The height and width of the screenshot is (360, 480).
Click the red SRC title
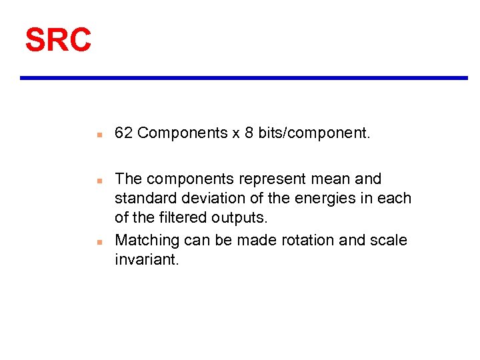pos(58,40)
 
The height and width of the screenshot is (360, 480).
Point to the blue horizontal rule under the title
pos(243,78)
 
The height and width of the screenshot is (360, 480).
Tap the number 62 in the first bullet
pos(123,133)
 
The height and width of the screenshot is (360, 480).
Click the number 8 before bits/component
pos(249,133)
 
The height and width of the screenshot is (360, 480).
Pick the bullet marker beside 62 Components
pos(98,135)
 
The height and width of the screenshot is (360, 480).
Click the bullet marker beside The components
pos(98,181)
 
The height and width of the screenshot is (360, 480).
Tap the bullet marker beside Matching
pos(98,241)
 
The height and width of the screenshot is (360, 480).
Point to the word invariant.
pos(147,259)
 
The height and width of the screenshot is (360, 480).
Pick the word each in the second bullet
pos(395,199)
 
